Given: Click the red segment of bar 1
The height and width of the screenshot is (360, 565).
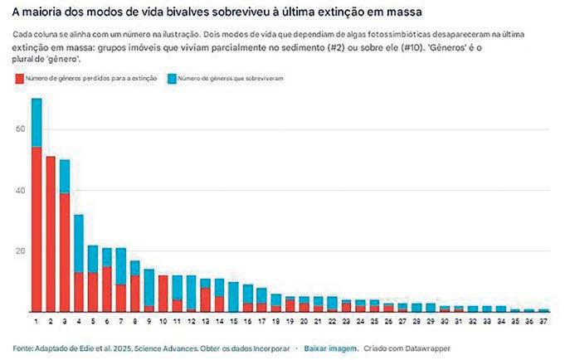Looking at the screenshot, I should coord(37,228).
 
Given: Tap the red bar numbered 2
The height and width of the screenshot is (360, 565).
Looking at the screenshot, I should coord(51,233).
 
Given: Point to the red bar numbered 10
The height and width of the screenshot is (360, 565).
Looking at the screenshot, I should coord(163,294).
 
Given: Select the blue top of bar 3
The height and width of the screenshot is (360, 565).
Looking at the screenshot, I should coord(65,176).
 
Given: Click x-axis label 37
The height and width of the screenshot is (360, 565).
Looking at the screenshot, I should coord(543,320).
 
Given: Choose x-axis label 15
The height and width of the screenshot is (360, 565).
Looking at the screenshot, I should coord(234,320).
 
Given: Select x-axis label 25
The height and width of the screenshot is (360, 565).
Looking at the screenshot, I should coord(374,320).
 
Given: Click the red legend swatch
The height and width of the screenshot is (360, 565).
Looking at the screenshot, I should coord(19,78).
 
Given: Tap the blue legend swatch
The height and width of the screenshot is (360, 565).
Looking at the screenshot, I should coord(169,78).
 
